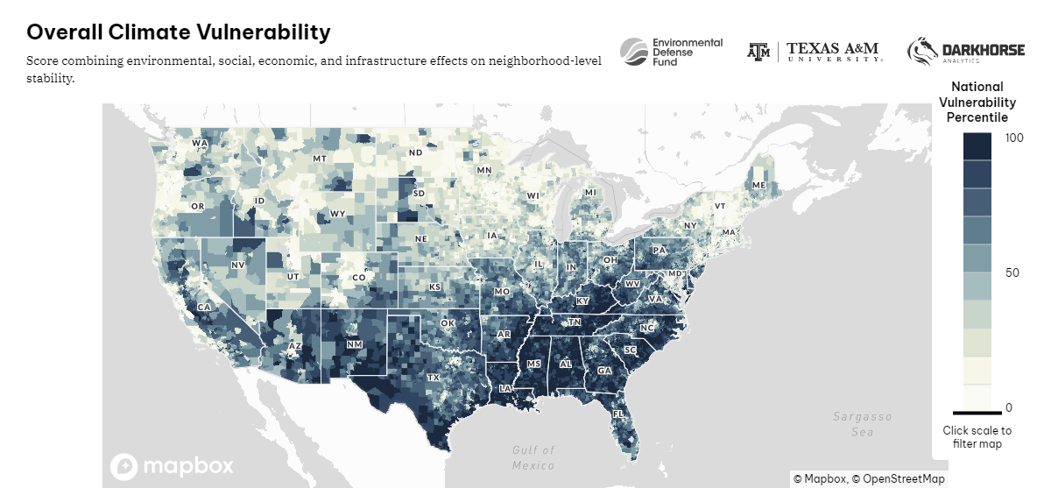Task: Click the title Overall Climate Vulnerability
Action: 179,32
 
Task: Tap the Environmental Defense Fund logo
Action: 672,53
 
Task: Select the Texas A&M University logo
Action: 815,52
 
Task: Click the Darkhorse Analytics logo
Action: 965,52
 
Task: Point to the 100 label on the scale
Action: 1014,138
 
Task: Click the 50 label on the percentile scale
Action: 1012,272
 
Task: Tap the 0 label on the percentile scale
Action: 1009,407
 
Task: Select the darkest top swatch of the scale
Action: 977,146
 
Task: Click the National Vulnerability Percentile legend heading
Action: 977,102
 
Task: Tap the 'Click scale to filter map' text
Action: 977,437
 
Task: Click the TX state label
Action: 433,378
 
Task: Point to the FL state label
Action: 618,414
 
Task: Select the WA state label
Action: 200,143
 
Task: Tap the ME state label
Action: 759,186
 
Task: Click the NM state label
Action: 354,344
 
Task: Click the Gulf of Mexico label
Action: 533,457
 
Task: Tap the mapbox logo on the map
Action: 172,465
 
